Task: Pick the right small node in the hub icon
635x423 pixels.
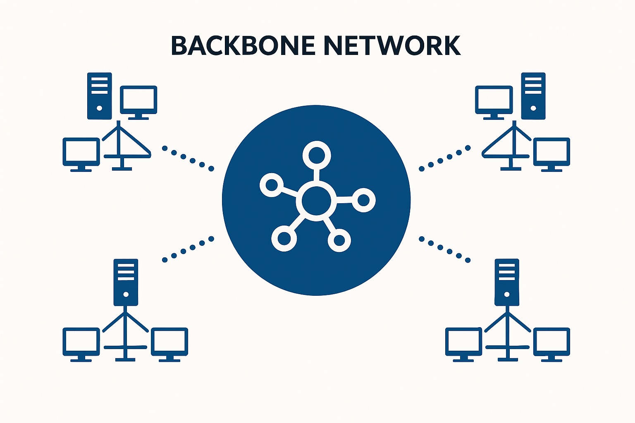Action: [363, 200]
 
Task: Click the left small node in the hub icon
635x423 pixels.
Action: [272, 185]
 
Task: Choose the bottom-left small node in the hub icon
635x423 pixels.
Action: [284, 238]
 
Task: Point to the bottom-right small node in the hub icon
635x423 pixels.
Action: [339, 240]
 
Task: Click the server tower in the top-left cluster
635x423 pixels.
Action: [99, 96]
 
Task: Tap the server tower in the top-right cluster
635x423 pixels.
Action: [533, 96]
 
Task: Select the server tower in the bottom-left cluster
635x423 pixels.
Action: [126, 282]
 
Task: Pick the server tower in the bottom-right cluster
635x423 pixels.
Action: [507, 282]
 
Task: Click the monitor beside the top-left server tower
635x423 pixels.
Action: [138, 100]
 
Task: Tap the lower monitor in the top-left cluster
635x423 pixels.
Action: [81, 153]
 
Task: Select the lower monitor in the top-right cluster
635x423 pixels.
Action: [551, 153]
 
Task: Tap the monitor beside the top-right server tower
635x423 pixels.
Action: [494, 100]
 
